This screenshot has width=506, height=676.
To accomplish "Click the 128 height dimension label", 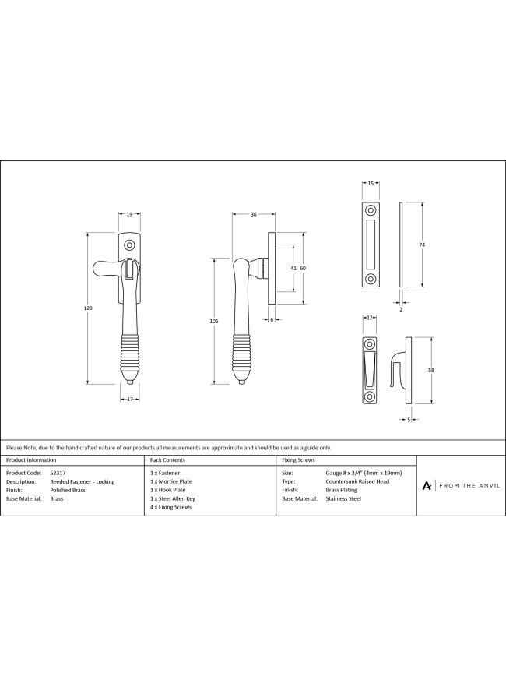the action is point(88,308).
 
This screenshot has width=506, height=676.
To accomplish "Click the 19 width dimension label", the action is point(129,214).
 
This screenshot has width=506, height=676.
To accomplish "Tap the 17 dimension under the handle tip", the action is point(130,400).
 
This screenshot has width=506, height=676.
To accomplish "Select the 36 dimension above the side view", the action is point(254,214).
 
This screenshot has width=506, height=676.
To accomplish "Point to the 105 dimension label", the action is point(215,321).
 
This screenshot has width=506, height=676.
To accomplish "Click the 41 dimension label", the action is point(293,268).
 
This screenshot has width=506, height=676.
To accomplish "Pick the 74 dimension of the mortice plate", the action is point(422,245).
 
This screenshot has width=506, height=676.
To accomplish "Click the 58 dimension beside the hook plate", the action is point(431,371).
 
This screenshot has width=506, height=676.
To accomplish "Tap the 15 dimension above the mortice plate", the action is point(371,183).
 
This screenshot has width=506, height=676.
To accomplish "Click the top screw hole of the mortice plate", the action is point(371,210).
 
